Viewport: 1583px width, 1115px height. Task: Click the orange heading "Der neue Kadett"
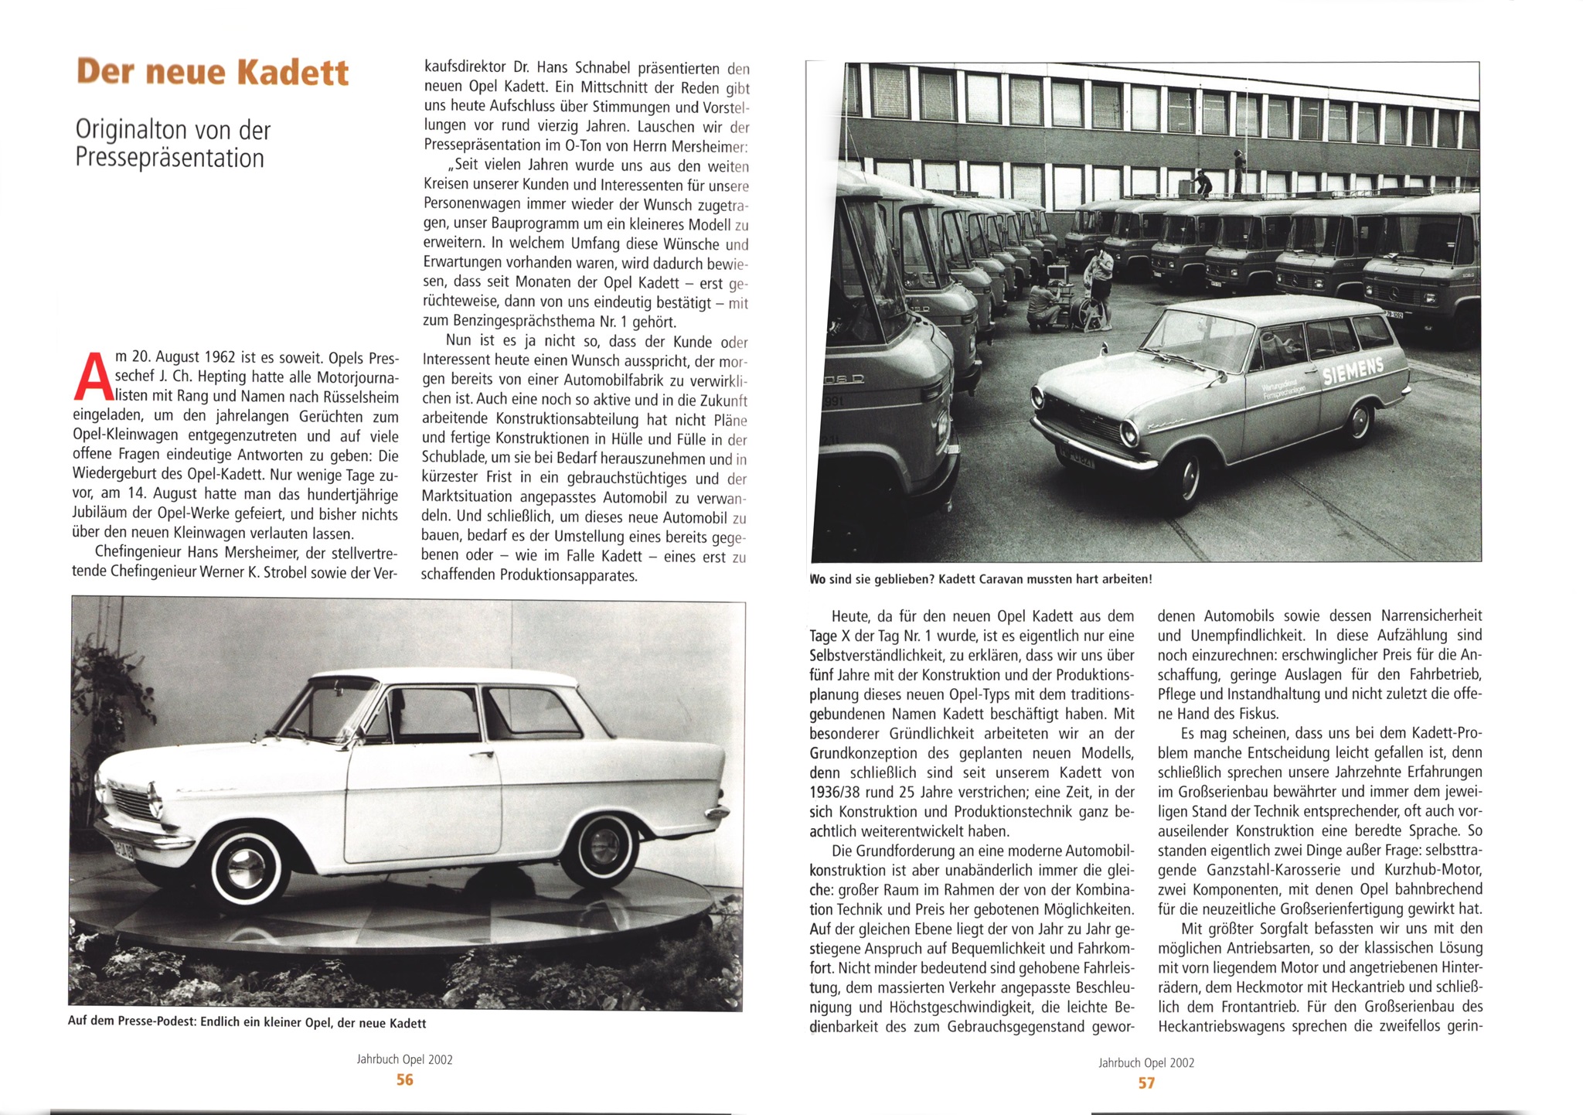point(213,72)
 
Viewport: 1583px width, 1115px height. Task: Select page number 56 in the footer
point(404,1079)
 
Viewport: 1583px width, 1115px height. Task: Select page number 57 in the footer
point(1146,1083)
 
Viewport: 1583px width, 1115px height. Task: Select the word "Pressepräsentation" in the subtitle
point(170,159)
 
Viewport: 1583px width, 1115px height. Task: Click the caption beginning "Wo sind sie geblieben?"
point(980,578)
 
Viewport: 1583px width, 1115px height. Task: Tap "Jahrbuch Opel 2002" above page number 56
point(404,1059)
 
